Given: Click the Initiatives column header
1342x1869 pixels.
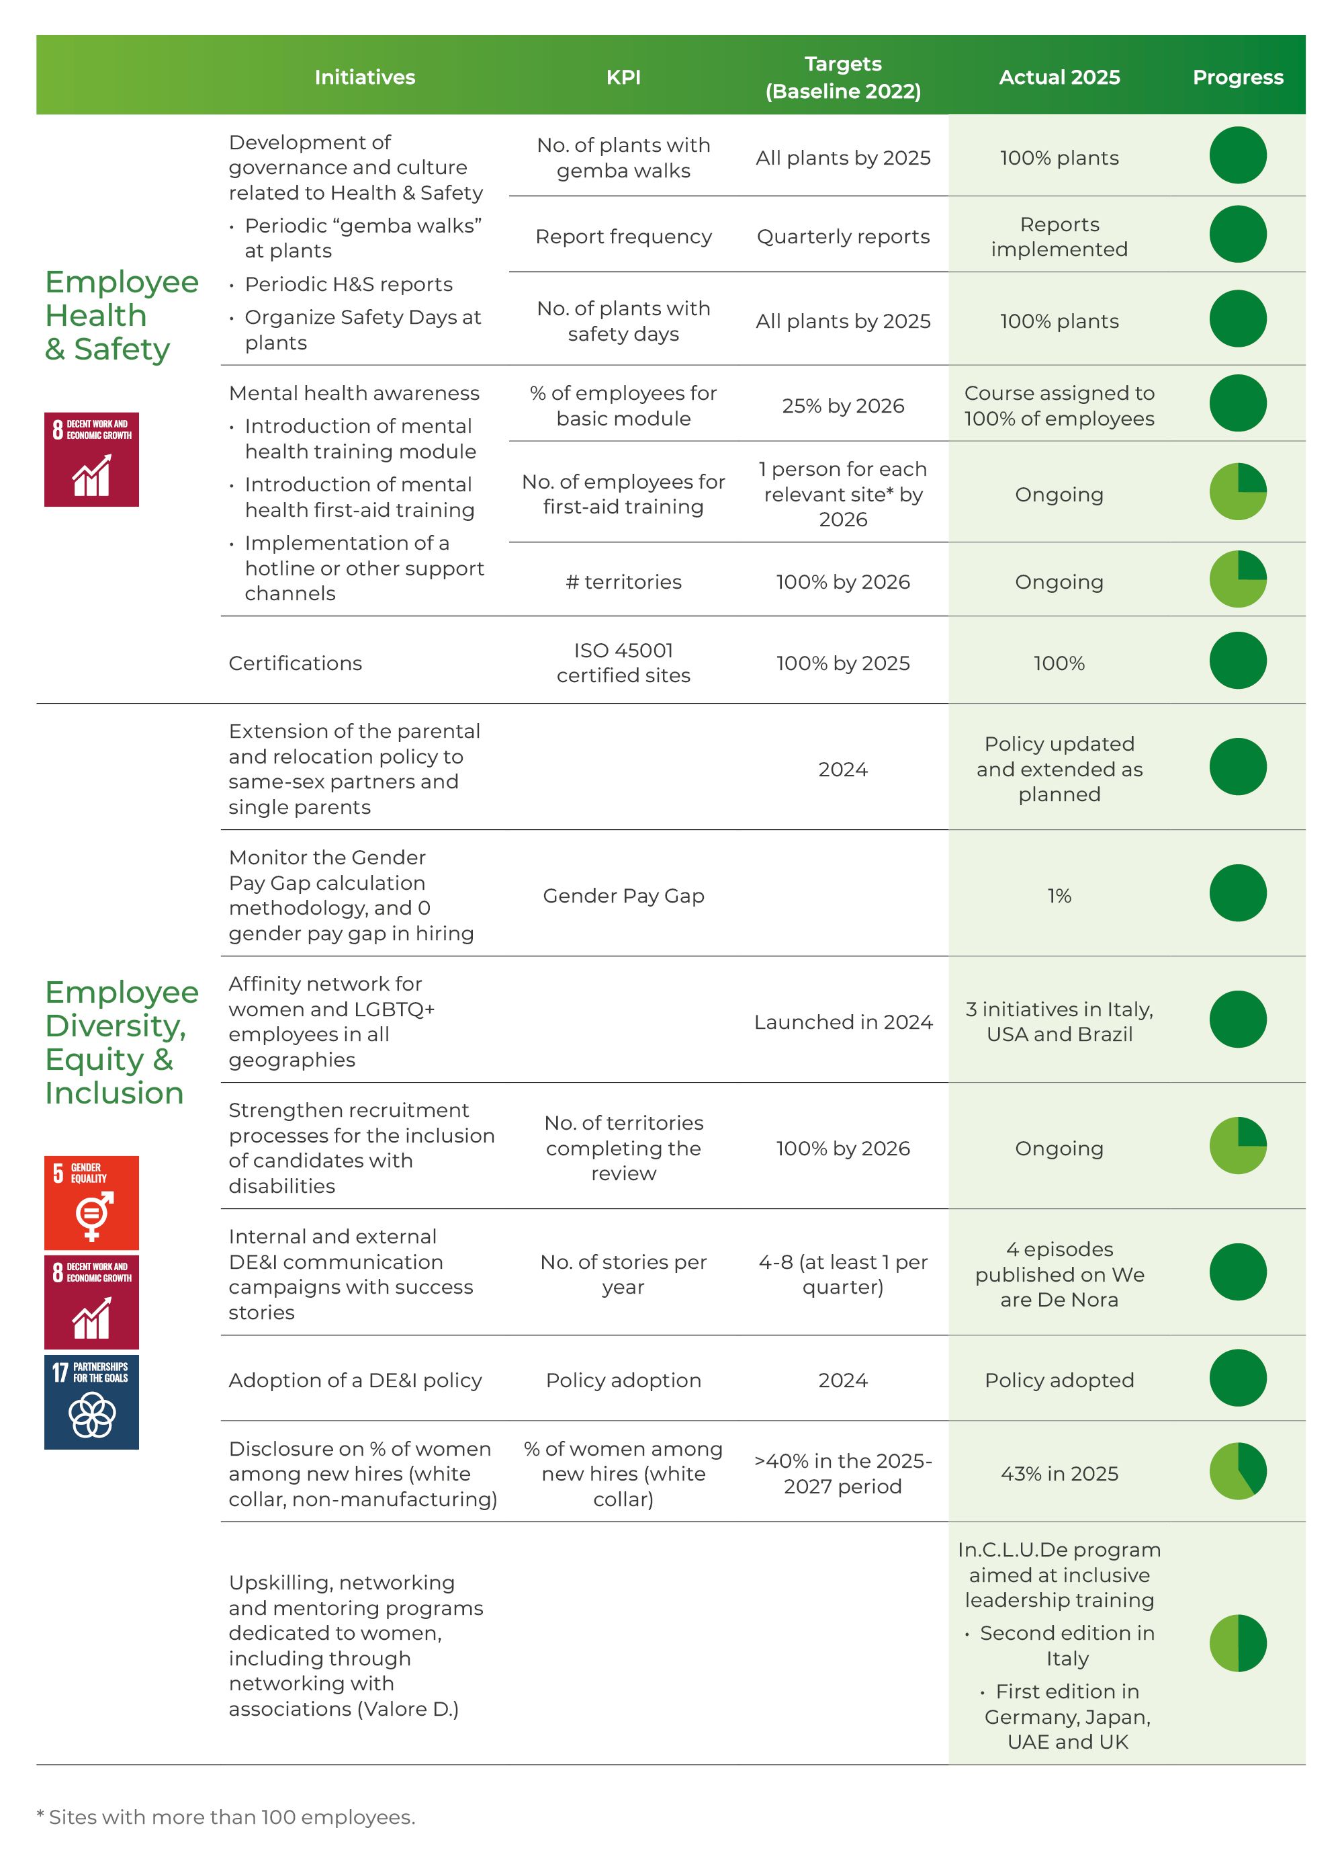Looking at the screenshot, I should point(364,77).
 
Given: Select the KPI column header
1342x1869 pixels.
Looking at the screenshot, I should point(623,77).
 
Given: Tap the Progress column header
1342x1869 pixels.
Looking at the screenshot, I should point(1237,77).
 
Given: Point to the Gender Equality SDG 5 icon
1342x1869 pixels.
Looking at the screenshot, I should point(91,1202).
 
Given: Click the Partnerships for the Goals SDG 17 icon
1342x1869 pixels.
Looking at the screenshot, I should point(91,1401).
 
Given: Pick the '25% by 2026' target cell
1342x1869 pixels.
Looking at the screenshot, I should point(842,405).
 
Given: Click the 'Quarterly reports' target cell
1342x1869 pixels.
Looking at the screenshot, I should point(842,237).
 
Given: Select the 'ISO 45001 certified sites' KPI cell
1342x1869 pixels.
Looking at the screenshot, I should point(623,663).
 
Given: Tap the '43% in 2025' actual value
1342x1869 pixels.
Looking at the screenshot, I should point(1059,1473).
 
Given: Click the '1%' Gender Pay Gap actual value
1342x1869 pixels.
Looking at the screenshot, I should point(1059,896).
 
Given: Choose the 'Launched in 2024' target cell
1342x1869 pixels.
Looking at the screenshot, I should point(842,1022).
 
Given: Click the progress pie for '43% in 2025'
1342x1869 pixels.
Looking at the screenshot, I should point(1237,1471).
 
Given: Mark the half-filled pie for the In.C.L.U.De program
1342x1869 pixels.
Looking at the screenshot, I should point(1237,1643).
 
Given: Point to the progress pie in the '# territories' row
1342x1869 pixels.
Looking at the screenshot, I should point(1237,579).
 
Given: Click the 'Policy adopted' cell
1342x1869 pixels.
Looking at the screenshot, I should point(1059,1380).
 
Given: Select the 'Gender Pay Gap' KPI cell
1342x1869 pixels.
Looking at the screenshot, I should point(623,896).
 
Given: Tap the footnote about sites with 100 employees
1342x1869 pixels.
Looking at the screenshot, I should point(226,1817).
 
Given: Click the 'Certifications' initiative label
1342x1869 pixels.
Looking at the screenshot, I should point(295,663).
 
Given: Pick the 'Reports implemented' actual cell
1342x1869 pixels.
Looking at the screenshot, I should point(1059,237).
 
